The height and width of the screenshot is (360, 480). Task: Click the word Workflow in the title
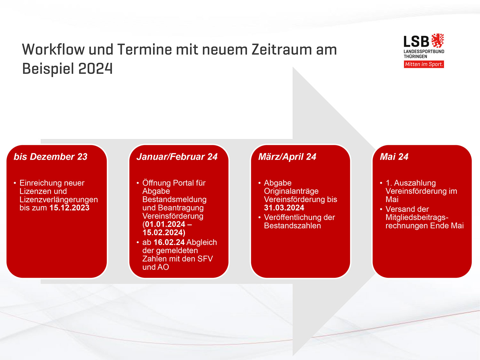pyautogui.click(x=53, y=50)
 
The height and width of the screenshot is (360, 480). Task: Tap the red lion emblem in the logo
pyautogui.click(x=437, y=41)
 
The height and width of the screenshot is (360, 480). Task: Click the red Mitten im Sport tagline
pyautogui.click(x=424, y=64)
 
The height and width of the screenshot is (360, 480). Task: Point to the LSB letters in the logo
pyautogui.click(x=416, y=42)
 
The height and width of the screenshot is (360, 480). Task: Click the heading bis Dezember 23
pyautogui.click(x=51, y=157)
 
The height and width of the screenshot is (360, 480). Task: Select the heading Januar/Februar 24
pyautogui.click(x=177, y=157)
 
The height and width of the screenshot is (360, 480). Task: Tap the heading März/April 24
pyautogui.click(x=287, y=157)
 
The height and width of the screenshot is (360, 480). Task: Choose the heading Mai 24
pyautogui.click(x=394, y=157)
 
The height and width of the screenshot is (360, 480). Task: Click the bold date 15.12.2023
pyautogui.click(x=69, y=208)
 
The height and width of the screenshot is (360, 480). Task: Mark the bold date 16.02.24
pyautogui.click(x=169, y=242)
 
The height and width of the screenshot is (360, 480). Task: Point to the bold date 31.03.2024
pyautogui.click(x=284, y=208)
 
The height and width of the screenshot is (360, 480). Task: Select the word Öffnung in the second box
pyautogui.click(x=156, y=183)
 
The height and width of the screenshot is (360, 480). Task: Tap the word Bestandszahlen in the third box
pyautogui.click(x=292, y=226)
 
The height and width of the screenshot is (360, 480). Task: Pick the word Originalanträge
pyautogui.click(x=291, y=191)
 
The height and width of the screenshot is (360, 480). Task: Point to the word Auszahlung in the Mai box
pyautogui.click(x=415, y=183)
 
